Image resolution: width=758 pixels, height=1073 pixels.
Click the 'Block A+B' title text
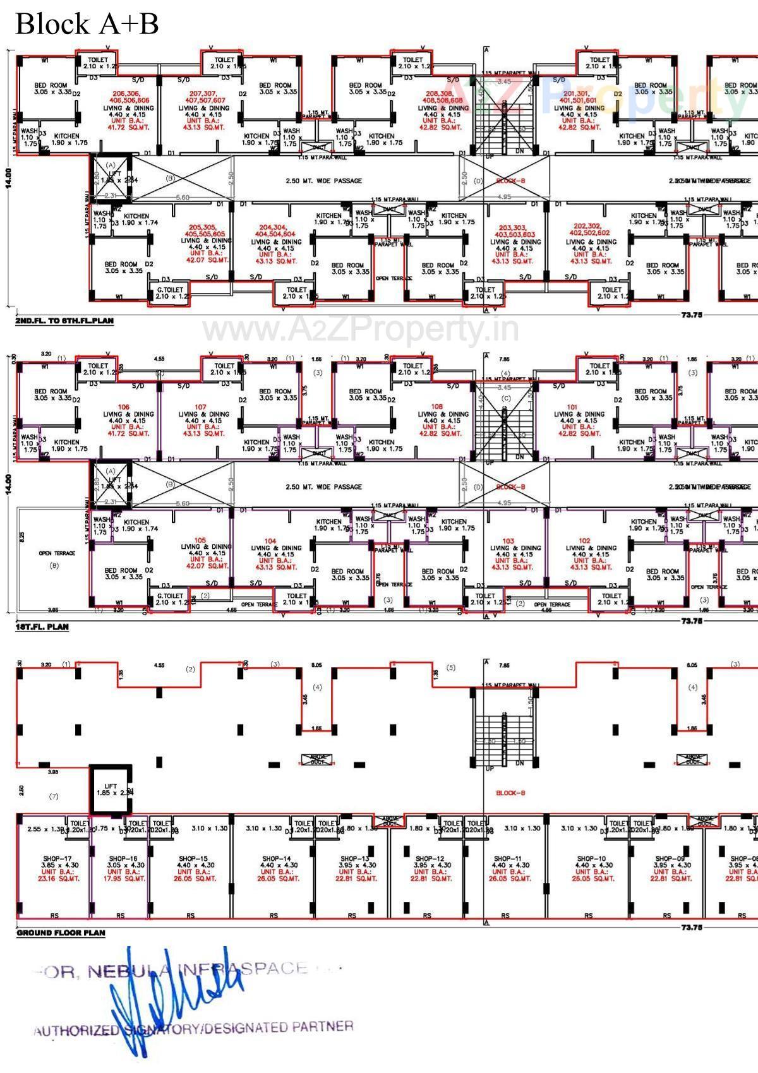(86, 24)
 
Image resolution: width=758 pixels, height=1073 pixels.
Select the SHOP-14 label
(276, 859)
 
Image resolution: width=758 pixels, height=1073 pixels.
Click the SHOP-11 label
(507, 859)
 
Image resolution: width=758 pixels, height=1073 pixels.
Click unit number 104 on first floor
(270, 541)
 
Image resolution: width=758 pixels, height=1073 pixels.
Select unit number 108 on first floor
(436, 407)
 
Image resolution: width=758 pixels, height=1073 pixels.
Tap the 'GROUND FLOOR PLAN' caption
(61, 933)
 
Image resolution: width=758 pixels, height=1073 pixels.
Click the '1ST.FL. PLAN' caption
(42, 627)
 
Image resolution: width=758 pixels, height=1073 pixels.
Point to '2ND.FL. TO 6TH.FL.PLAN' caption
(64, 321)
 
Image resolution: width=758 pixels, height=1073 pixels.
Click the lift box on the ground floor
(111, 790)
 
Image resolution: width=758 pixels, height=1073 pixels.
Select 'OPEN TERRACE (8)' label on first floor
(56, 558)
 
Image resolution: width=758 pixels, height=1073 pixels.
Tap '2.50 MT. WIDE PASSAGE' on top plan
(323, 181)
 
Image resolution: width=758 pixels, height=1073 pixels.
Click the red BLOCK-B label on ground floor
(510, 793)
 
